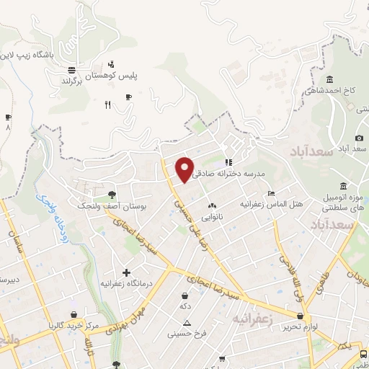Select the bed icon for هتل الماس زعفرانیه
tap(271, 193)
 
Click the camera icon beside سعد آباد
tap(360, 138)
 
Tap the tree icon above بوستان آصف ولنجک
tap(111, 194)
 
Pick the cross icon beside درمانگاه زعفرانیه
tap(127, 273)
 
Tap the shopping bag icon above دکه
tap(185, 295)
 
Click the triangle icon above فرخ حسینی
tap(187, 323)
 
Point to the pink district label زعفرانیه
tap(254, 317)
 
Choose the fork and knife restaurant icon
tap(107, 106)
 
